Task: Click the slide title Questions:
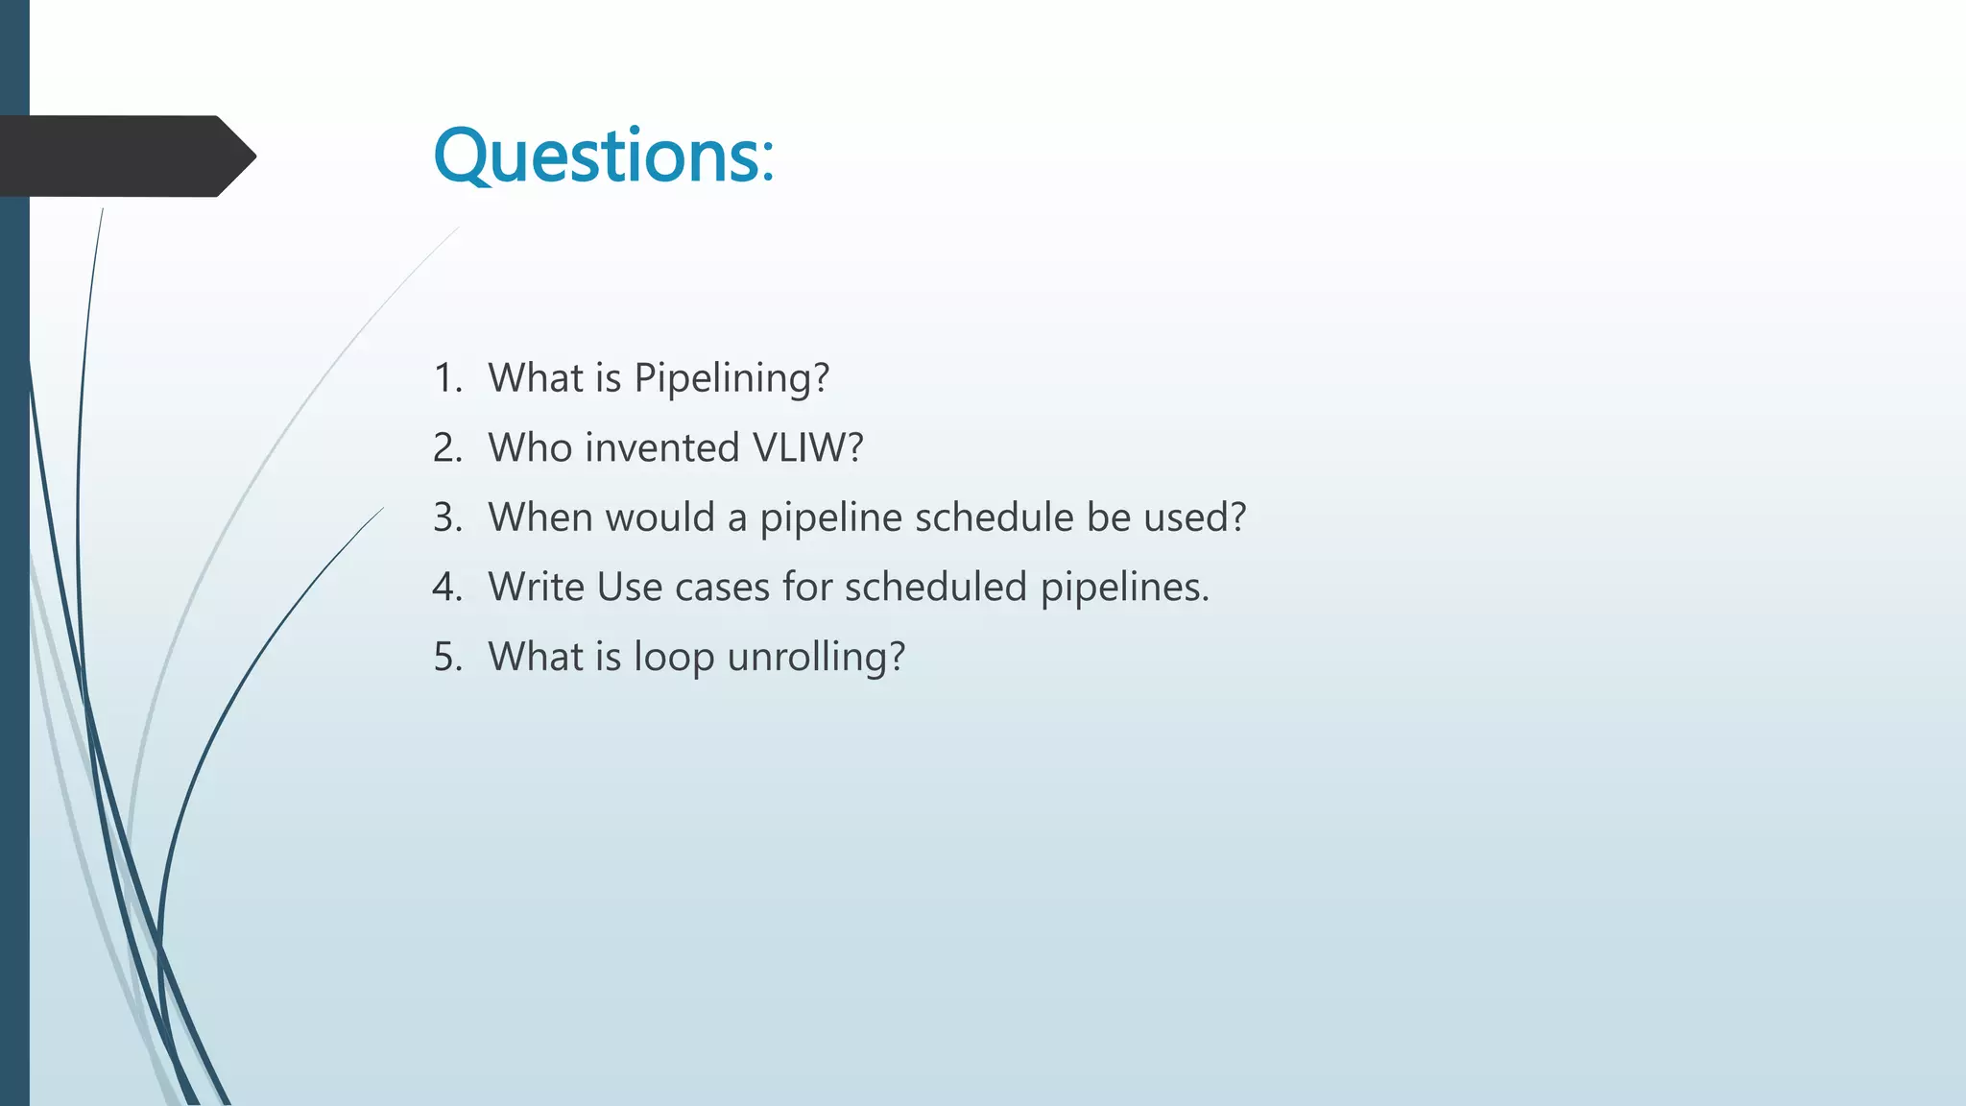[x=604, y=156]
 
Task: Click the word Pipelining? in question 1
[x=731, y=378]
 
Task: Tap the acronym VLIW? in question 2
[x=808, y=448]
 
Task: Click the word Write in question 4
[x=536, y=587]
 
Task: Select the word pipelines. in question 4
[x=1125, y=587]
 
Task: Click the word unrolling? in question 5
[x=816, y=657]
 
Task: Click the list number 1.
[x=447, y=378]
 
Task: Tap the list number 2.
[x=447, y=448]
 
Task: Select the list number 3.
[x=447, y=517]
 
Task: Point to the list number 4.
[x=447, y=587]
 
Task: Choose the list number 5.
[x=447, y=657]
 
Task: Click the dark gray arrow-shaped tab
[x=125, y=156]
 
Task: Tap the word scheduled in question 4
[x=936, y=587]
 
